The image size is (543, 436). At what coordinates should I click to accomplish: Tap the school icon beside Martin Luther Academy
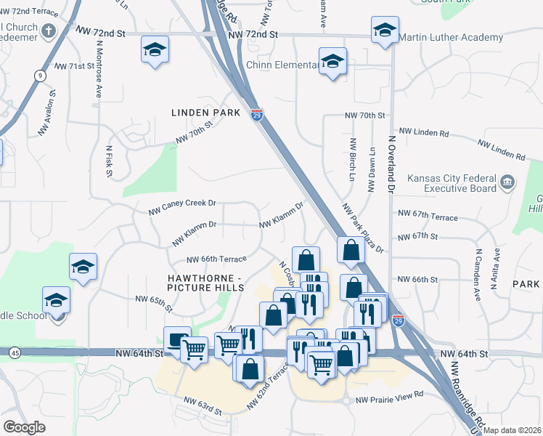385,31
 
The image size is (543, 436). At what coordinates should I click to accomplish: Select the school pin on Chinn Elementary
332,62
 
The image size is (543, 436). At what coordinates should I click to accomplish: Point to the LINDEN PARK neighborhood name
205,113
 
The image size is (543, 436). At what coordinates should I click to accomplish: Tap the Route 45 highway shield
15,352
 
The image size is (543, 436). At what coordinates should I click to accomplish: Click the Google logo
24,427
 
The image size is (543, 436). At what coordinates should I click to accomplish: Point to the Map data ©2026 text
513,430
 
